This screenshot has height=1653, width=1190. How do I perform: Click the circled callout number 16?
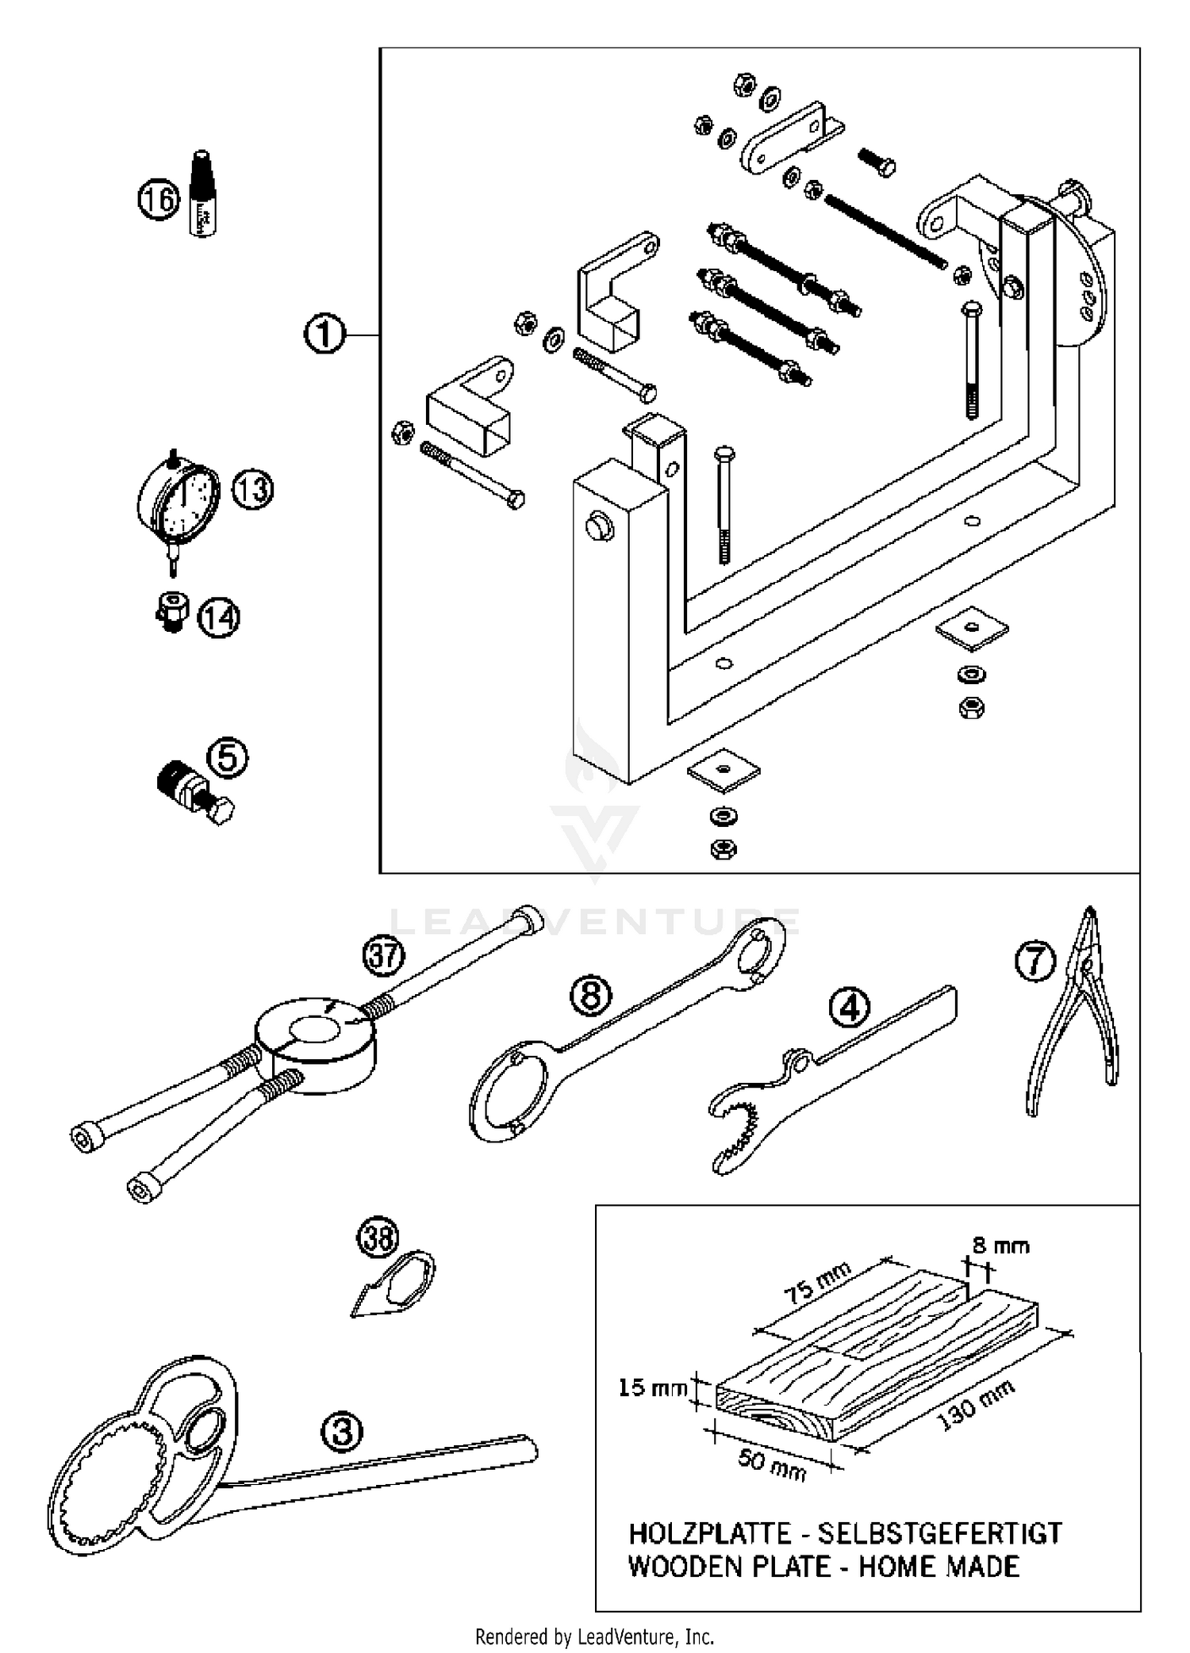[159, 199]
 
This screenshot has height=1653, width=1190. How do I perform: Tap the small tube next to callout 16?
[203, 194]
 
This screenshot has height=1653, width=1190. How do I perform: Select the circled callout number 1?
[324, 335]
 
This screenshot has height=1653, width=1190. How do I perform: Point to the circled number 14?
[219, 618]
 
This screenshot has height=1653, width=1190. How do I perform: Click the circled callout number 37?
[384, 956]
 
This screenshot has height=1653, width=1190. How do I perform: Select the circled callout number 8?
[592, 996]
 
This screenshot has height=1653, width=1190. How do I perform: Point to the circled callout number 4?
[849, 1008]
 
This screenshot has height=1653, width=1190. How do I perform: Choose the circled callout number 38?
[378, 1238]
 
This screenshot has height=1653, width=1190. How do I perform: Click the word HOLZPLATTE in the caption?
[710, 1533]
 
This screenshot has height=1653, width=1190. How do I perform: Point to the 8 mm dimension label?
[1001, 1245]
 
